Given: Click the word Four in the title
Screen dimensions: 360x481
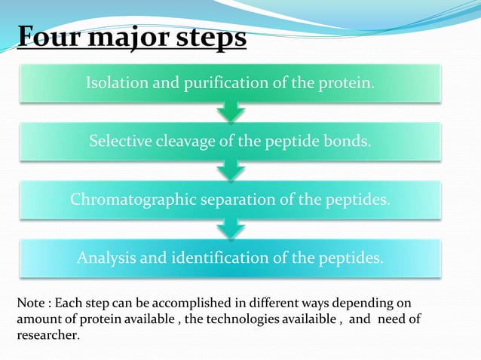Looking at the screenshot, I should click(46, 37).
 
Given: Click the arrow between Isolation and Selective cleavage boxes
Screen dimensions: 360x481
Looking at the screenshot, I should click(230, 112).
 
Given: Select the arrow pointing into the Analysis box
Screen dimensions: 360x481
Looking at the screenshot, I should click(230, 229).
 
